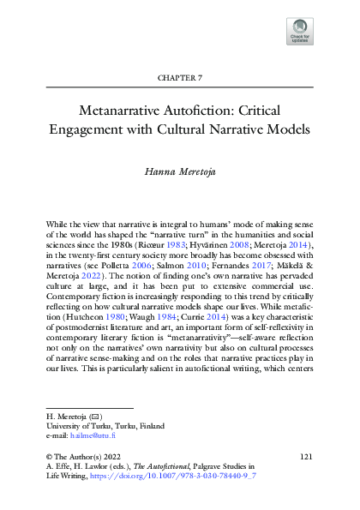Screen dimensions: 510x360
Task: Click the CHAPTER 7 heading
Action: (x=180, y=78)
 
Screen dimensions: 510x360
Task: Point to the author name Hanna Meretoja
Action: (x=180, y=171)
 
